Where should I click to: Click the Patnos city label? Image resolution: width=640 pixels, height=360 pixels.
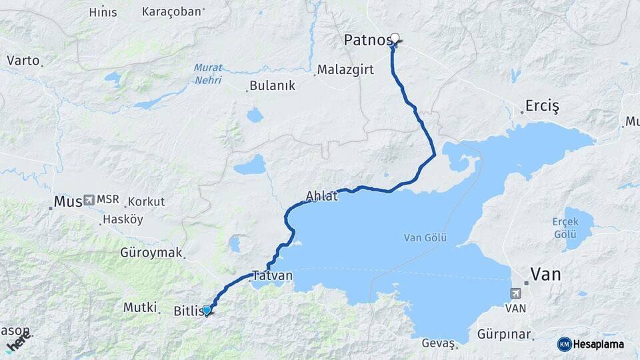[x=367, y=40]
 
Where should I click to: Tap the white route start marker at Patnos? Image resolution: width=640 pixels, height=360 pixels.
[x=395, y=39]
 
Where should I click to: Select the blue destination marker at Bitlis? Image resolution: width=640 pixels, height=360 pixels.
[x=207, y=309]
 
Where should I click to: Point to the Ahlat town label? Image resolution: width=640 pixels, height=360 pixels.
[x=322, y=196]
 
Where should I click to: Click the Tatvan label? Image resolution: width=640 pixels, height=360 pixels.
[x=272, y=275]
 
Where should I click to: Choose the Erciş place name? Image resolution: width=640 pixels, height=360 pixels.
[x=542, y=107]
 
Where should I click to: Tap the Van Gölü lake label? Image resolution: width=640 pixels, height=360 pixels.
[x=425, y=237]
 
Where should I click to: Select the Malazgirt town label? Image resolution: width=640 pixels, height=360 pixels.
[x=343, y=69]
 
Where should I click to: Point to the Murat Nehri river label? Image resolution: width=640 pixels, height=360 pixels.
[x=208, y=73]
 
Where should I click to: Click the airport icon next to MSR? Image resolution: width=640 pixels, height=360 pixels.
[x=89, y=200]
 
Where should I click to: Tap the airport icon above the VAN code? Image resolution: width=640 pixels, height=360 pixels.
[x=515, y=293]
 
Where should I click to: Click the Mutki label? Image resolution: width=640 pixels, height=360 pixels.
[x=140, y=307]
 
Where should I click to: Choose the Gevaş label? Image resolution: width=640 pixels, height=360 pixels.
[x=438, y=343]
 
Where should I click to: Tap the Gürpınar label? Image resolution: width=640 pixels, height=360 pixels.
[x=504, y=333]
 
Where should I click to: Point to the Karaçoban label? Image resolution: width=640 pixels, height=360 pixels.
[x=171, y=11]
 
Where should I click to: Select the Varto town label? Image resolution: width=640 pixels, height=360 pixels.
[x=23, y=60]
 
